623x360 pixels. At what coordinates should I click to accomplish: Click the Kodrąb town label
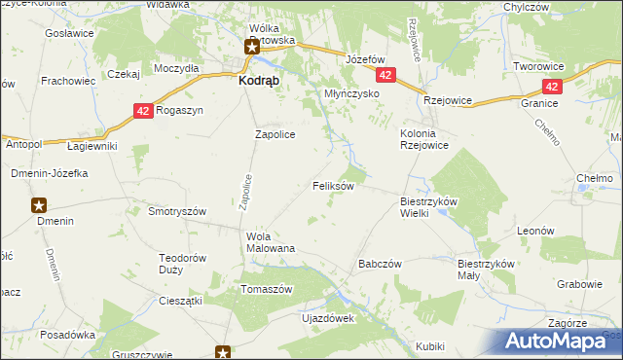pyautogui.click(x=261, y=83)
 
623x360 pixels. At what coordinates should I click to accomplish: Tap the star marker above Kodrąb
pyautogui.click(x=250, y=45)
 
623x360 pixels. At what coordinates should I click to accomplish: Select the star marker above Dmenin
pyautogui.click(x=39, y=205)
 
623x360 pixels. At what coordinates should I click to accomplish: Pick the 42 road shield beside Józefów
pyautogui.click(x=387, y=75)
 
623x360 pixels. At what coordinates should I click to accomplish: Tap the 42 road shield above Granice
pyautogui.click(x=552, y=87)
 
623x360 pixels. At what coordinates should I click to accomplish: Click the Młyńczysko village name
pyautogui.click(x=350, y=94)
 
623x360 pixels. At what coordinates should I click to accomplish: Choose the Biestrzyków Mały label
pyautogui.click(x=484, y=269)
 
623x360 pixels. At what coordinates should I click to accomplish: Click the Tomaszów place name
pyautogui.click(x=267, y=290)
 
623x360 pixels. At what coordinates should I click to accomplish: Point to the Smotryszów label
pyautogui.click(x=176, y=211)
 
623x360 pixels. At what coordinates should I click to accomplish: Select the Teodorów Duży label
pyautogui.click(x=183, y=264)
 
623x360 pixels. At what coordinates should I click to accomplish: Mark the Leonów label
pyautogui.click(x=535, y=231)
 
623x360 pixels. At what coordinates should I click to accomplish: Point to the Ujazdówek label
pyautogui.click(x=328, y=318)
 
